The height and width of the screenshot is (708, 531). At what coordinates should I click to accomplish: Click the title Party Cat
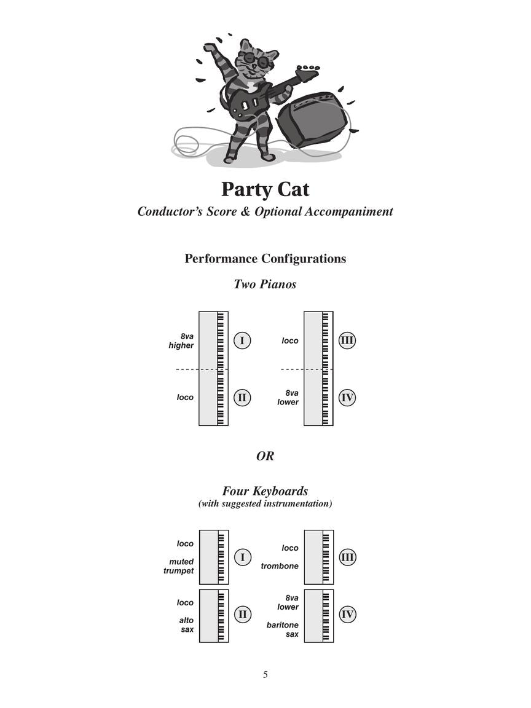(x=265, y=189)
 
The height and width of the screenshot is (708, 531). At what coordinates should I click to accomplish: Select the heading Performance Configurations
(x=265, y=259)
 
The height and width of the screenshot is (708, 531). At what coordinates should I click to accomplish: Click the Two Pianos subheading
(x=265, y=284)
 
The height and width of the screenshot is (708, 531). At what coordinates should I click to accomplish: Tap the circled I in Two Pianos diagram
(x=242, y=340)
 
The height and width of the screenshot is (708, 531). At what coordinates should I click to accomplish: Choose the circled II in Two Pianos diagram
(x=242, y=398)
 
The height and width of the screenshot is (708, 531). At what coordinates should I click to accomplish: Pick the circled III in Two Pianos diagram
(x=347, y=340)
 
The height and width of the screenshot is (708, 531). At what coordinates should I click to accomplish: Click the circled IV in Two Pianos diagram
(x=347, y=398)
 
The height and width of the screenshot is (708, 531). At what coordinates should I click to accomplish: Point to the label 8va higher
(x=182, y=341)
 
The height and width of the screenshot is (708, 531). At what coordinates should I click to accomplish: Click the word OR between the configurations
(x=265, y=456)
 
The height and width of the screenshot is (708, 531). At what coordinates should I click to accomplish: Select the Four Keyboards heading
(x=265, y=491)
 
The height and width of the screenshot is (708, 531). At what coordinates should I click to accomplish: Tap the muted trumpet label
(x=179, y=566)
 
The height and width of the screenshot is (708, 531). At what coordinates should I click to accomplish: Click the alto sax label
(x=186, y=625)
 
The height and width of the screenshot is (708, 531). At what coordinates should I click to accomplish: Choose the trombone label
(x=280, y=566)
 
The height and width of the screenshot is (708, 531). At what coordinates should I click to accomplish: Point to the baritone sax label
(x=282, y=629)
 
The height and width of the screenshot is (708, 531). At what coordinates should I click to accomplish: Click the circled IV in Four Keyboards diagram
(x=347, y=614)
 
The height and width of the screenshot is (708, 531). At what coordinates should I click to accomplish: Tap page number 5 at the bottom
(x=265, y=675)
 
